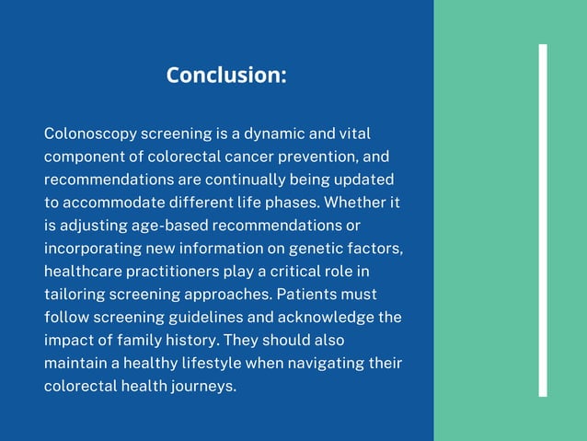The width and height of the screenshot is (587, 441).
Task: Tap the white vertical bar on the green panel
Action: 543,220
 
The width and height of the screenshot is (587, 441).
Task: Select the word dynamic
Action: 274,134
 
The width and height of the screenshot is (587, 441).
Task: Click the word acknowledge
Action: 324,318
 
